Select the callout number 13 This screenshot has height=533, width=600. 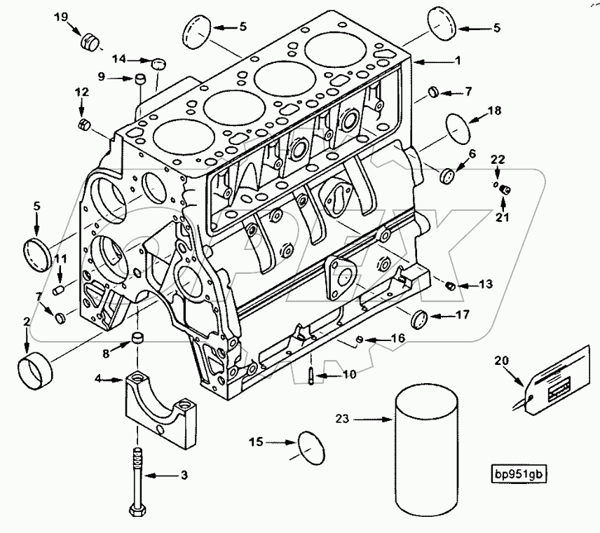(x=486, y=284)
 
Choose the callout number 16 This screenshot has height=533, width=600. (x=397, y=338)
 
